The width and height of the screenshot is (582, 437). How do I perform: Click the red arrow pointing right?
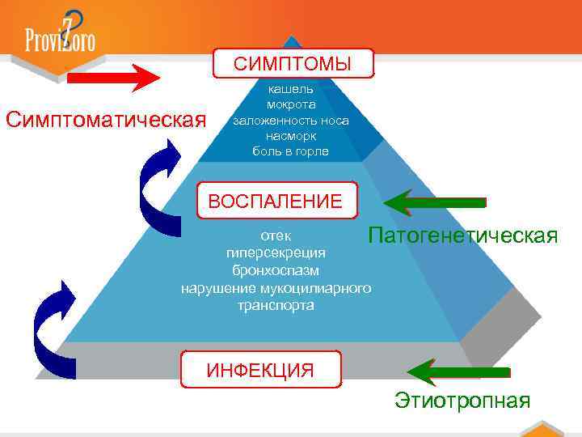114,78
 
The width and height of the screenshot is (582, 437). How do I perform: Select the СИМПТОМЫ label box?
293,63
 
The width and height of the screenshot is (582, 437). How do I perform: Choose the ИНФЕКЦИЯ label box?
260,371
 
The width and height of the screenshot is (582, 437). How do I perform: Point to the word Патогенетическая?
462,235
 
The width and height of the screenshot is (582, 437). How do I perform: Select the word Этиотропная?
462,400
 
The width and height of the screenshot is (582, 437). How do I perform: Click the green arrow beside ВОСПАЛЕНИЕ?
434,201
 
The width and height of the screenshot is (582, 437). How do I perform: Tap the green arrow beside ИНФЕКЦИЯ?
458,371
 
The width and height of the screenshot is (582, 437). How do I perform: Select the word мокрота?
291,104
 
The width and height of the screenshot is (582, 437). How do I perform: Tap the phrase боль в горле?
291,151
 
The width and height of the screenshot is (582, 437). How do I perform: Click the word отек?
276,235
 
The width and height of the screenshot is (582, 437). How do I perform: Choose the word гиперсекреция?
276,252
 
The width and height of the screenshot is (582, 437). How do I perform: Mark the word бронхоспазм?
276,269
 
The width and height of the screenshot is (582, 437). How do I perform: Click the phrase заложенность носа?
291,120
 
